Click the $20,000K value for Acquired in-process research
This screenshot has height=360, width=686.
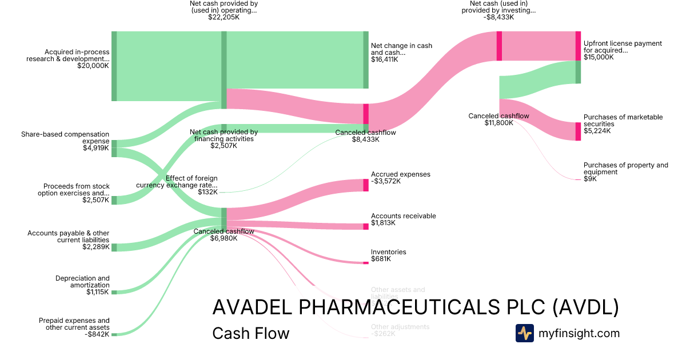pos(93,66)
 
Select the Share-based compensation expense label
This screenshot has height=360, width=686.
pos(65,138)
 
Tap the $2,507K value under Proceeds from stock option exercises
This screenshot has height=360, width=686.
pos(95,200)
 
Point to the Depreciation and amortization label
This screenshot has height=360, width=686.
pos(82,282)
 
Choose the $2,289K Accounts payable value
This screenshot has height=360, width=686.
pos(95,247)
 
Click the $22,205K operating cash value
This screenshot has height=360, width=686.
pos(224,18)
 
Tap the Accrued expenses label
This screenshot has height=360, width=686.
pos(400,174)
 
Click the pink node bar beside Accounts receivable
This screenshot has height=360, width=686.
pos(366,226)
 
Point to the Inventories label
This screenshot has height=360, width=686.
pos(388,252)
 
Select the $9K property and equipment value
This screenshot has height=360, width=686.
pos(590,179)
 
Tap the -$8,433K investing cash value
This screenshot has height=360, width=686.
pos(498,17)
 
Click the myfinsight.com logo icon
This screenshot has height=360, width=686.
pos(524,333)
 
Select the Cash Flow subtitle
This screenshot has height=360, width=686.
pos(250,333)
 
